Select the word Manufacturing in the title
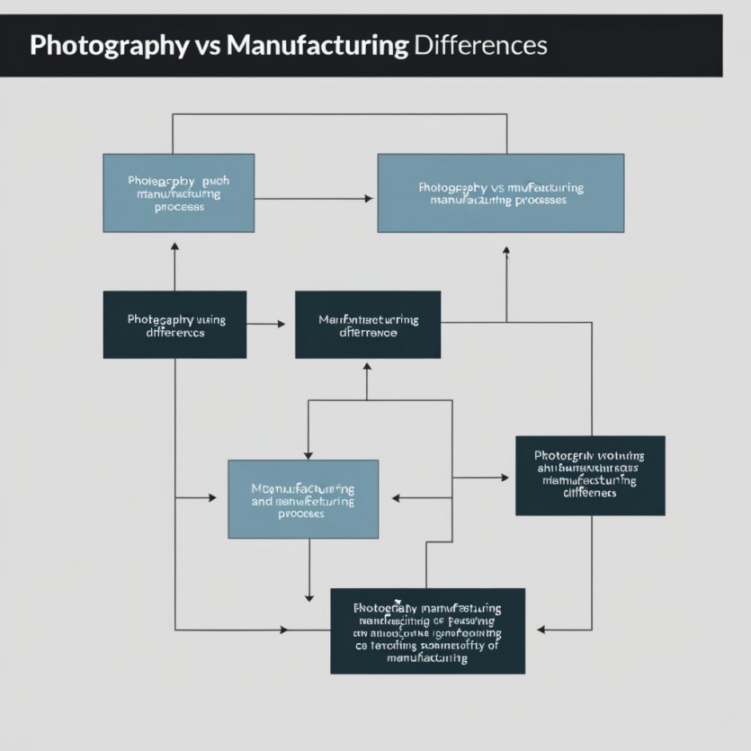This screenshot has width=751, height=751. coord(317,46)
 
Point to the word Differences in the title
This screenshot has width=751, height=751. coord(480,46)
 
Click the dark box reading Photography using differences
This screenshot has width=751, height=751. coord(174,325)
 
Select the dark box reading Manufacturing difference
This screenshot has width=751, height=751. coord(368,325)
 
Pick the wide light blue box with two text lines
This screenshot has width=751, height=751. coord(500,193)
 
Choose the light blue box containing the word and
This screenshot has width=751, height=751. coord(303,499)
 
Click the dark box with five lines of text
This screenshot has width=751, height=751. coord(427,631)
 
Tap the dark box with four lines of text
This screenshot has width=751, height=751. coord(590,476)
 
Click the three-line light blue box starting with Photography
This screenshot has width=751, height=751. coord(178,193)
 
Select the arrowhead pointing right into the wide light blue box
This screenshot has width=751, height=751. coord(369,199)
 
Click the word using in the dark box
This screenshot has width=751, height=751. coord(210,319)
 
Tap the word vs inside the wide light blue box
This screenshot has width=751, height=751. coord(497,188)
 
